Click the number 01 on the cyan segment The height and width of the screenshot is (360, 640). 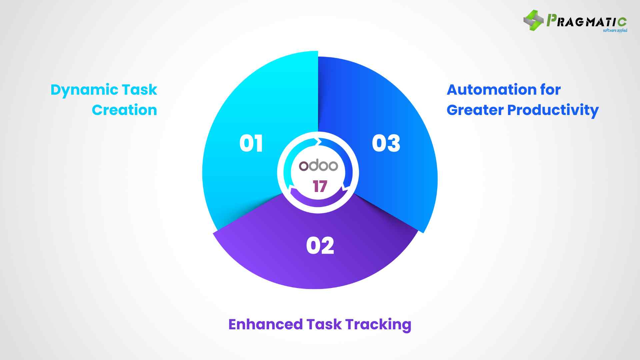(x=251, y=144)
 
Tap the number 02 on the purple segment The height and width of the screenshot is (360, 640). (x=320, y=246)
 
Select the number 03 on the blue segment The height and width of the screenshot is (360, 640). (x=386, y=144)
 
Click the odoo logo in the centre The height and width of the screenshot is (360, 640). (x=318, y=166)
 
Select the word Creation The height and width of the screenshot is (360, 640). (x=124, y=110)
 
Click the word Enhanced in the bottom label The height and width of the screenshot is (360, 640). (x=265, y=324)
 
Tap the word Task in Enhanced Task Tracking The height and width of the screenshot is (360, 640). (x=324, y=324)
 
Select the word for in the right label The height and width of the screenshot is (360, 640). (x=550, y=90)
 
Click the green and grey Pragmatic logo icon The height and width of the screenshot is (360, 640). (x=533, y=20)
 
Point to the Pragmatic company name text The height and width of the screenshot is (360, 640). (x=587, y=21)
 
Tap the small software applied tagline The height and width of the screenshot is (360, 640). (x=615, y=31)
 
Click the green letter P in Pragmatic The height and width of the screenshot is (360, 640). (x=551, y=20)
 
